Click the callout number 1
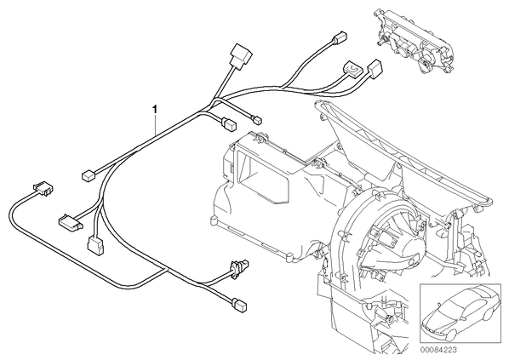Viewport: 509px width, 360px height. click(156, 109)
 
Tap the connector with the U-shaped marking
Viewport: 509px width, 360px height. click(353, 67)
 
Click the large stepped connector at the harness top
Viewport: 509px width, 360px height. click(240, 56)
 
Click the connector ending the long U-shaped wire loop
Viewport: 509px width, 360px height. click(43, 189)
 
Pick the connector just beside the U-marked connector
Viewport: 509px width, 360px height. click(375, 67)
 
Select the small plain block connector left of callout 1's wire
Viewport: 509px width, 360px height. click(88, 175)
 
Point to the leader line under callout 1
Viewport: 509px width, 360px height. click(156, 125)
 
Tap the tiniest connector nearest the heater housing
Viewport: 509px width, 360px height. click(257, 121)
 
